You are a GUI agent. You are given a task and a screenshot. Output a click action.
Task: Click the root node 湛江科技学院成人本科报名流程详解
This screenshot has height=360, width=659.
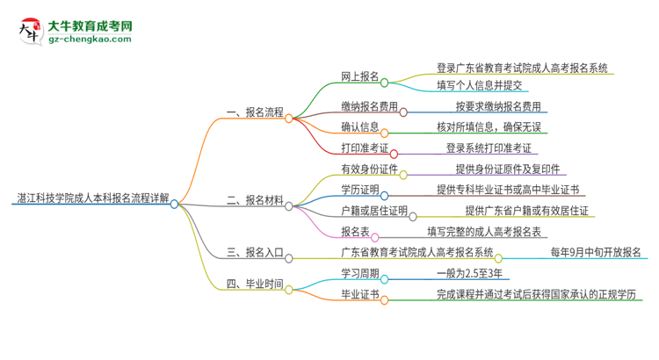coord(91,198)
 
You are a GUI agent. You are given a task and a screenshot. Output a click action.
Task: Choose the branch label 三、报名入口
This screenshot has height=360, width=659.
coord(254,253)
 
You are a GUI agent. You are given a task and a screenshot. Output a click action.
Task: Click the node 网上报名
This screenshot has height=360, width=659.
coord(359,76)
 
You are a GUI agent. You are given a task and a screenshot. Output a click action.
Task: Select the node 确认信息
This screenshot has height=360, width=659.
coord(359,127)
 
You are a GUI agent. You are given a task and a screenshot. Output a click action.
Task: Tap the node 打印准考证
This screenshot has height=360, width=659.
coord(364,148)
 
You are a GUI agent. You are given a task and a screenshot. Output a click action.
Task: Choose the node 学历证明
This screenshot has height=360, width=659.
coord(359,190)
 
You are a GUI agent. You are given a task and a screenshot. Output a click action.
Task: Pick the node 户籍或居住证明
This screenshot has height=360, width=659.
coord(374,211)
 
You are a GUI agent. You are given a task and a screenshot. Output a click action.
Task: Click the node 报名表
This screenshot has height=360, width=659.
coord(354,232)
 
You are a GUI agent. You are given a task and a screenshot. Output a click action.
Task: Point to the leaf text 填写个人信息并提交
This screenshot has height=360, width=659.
coord(480,85)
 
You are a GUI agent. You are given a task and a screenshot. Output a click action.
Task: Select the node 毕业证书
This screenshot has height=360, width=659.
coord(359,295)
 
